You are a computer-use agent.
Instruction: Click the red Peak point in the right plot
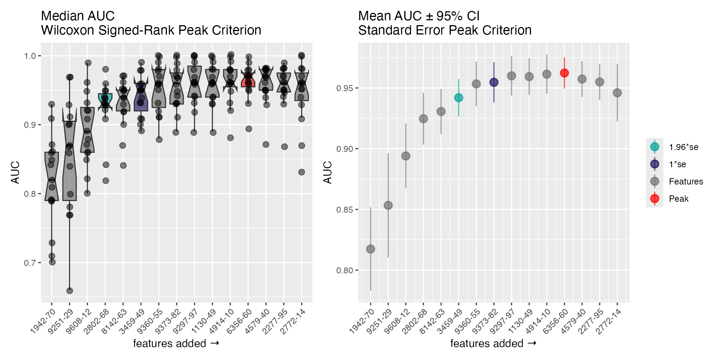pos(564,73)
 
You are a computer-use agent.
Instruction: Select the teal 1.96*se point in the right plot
pos(459,98)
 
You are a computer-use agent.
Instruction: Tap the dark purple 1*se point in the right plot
pos(494,82)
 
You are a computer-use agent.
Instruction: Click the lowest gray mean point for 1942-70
pos(370,249)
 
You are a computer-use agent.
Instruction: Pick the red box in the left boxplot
pos(248,80)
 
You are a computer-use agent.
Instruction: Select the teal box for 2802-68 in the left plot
pos(105,101)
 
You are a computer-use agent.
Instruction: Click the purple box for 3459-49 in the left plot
pos(141,97)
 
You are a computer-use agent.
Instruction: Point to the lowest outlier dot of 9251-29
pos(69,291)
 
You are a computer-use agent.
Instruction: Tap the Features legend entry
pos(685,181)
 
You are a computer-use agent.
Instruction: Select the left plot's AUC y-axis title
pos(15,172)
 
